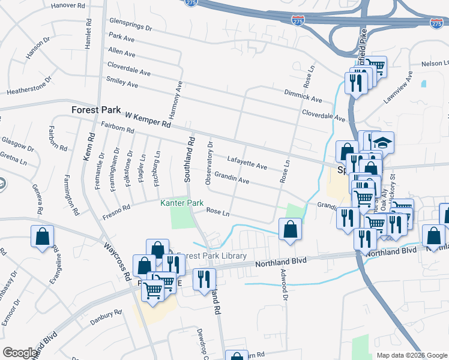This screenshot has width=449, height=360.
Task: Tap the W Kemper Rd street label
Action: pyautogui.click(x=148, y=119)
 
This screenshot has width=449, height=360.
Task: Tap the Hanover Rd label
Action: pyautogui.click(x=68, y=5)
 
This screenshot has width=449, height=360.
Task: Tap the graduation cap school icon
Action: pyautogui.click(x=382, y=143)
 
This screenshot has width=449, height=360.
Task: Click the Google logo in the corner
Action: pyautogui.click(x=20, y=352)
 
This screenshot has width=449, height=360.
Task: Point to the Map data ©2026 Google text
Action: pyautogui.click(x=412, y=355)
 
